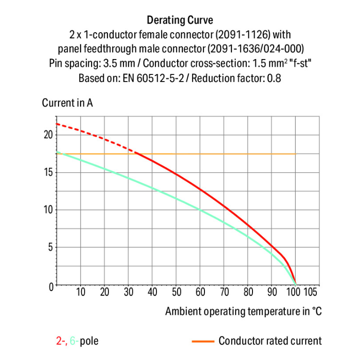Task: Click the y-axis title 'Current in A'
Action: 68,103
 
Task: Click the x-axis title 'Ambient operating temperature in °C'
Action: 243,311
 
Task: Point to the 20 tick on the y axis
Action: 47,134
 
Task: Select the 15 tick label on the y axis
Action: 47,172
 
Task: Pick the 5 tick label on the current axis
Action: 49,248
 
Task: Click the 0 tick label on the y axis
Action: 49,286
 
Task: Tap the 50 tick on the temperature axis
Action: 176,292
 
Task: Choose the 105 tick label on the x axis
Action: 311,292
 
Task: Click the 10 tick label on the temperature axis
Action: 81,292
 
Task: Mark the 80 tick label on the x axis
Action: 248,292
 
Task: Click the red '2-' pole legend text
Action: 61,341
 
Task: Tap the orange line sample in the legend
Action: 202,341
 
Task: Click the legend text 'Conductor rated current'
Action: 270,341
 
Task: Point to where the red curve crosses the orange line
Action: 136,154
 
